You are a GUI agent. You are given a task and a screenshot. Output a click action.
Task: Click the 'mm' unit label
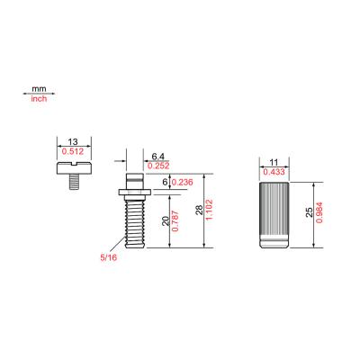(38, 90)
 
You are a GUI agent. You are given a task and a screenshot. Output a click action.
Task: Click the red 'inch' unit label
(38, 99)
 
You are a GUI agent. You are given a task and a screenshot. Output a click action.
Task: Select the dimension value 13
(71, 142)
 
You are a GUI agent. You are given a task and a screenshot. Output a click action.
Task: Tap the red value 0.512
(71, 151)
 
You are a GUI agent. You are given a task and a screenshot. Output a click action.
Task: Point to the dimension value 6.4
(157, 157)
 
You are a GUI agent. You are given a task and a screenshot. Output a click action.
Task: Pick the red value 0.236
(183, 182)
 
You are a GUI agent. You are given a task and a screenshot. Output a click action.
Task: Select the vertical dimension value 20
(164, 221)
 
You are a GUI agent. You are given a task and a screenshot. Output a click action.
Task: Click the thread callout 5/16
(108, 258)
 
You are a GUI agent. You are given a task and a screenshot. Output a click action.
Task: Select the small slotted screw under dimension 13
(71, 172)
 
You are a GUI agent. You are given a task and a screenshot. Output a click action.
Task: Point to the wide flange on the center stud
(133, 192)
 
